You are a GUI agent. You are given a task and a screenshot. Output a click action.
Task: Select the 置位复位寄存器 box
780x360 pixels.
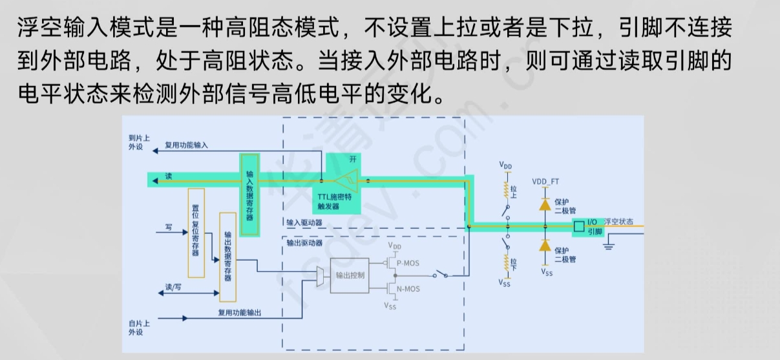[x=196, y=232]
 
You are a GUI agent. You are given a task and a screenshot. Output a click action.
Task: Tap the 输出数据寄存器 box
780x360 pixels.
[x=227, y=256]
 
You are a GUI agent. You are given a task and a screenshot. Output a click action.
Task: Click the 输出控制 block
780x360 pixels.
[x=350, y=275]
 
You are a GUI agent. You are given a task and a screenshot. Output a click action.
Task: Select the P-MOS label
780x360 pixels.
[x=408, y=262]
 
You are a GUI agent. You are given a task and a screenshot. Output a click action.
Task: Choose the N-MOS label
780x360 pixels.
[x=408, y=289]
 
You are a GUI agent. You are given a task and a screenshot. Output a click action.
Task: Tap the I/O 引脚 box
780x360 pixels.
[x=587, y=227]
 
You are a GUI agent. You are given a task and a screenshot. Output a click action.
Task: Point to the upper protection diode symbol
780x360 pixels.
[x=545, y=204]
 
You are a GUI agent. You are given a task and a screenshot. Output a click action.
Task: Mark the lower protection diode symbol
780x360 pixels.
[x=545, y=246]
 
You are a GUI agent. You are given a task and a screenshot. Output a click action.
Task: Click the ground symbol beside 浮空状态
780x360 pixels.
[x=609, y=245]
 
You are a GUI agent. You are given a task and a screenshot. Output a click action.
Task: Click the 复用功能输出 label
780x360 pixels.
[x=240, y=313]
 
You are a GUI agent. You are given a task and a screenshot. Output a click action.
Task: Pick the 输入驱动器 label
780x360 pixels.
[x=304, y=222]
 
